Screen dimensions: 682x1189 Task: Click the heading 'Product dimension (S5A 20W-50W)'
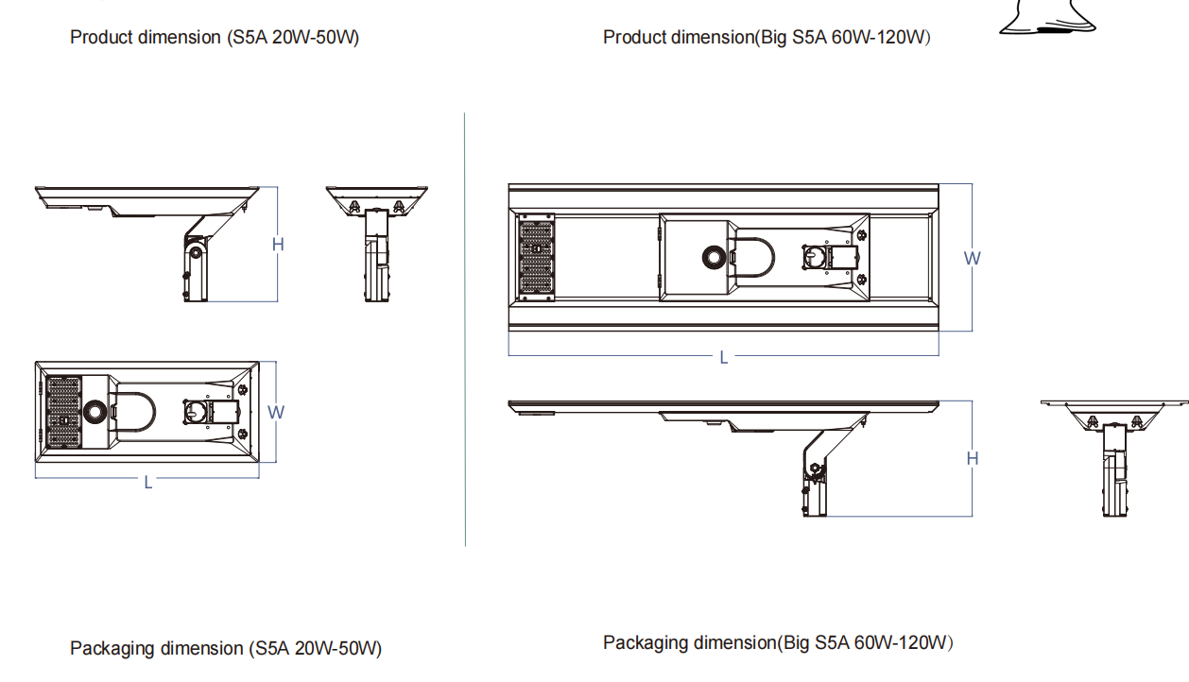pos(215,38)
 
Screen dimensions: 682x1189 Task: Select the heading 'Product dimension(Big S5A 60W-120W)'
pos(767,38)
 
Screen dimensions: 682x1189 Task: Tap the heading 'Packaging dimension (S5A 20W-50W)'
pos(226,649)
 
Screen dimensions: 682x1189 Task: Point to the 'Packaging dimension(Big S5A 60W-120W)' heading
pos(778,643)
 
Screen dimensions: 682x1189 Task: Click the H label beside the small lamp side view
pos(278,245)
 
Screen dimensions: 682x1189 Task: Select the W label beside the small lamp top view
pos(276,412)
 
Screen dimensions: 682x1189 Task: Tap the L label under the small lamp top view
pos(148,482)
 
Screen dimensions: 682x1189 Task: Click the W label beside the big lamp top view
pos(972,258)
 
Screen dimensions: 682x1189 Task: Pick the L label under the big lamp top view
pos(724,358)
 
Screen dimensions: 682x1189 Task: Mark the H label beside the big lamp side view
pos(973,458)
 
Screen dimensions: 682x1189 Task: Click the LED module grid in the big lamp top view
pos(536,258)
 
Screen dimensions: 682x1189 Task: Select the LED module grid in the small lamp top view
pos(62,413)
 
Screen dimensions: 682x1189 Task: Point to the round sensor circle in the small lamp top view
pos(96,412)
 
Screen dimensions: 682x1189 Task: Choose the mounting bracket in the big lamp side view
pos(817,472)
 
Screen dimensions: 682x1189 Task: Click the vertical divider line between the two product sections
pos(465,331)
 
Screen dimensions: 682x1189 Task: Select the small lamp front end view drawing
pos(377,242)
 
